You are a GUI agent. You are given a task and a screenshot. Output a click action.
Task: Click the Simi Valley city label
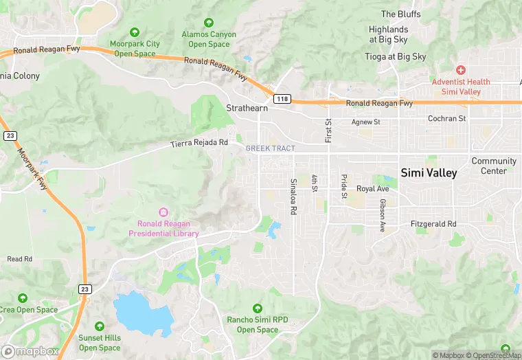click(x=429, y=173)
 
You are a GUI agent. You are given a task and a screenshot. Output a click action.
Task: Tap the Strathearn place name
click(x=247, y=109)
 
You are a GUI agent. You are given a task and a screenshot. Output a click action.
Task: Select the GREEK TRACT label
click(x=270, y=148)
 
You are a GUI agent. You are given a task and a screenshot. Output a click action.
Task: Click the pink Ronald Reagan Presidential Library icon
click(x=163, y=212)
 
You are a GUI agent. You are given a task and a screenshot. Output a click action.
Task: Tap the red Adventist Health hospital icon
click(x=461, y=70)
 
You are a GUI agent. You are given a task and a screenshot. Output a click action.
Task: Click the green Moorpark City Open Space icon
click(x=135, y=32)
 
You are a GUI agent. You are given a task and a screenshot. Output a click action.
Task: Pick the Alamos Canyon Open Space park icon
click(x=209, y=23)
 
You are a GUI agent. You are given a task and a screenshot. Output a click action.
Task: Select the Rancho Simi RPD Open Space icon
click(x=258, y=308)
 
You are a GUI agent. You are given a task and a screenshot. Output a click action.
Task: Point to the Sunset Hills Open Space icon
click(x=100, y=326)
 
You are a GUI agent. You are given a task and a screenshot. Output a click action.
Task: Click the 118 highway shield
click(x=282, y=99)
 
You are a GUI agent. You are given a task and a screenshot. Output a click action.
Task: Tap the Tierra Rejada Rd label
click(x=199, y=143)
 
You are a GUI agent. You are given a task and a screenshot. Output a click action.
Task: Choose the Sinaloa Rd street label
click(x=293, y=198)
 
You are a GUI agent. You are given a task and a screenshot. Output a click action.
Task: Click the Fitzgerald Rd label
click(x=433, y=224)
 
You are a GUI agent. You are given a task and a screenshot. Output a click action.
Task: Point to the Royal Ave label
click(x=372, y=188)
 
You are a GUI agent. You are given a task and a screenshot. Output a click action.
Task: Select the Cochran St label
click(x=446, y=118)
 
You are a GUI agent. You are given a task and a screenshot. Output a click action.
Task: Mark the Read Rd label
click(x=19, y=259)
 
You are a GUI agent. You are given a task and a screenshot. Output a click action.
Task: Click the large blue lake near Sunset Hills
click(x=142, y=313)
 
